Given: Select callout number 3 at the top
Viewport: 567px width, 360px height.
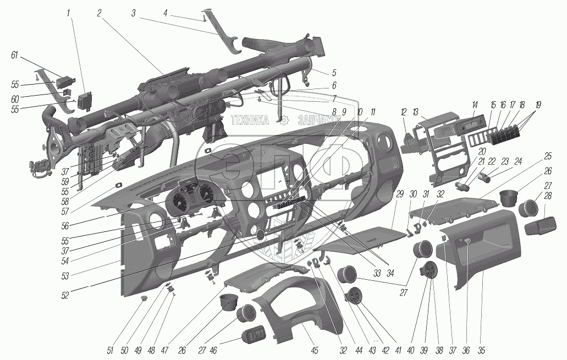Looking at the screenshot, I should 134,12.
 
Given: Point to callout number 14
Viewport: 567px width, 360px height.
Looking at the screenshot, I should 475,104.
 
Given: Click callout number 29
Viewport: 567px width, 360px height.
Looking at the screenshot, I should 399,194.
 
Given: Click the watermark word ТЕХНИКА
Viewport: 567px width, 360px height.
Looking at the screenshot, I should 250,120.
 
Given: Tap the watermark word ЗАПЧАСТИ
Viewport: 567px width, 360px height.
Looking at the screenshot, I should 316,120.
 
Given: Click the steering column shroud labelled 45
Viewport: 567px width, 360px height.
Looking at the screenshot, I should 286,308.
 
